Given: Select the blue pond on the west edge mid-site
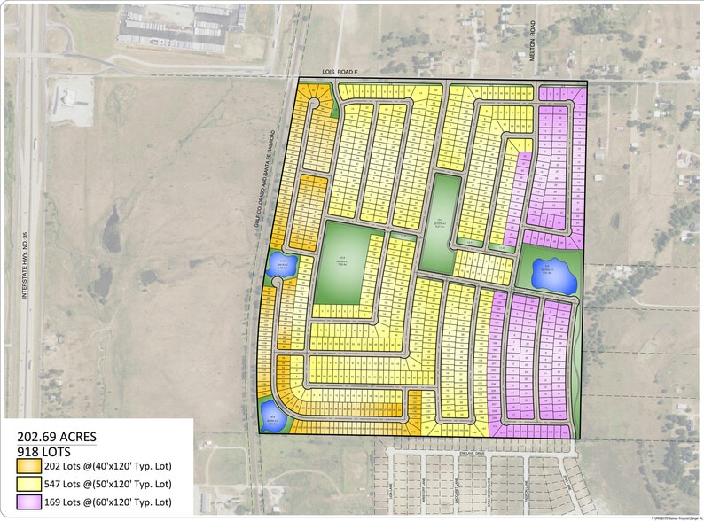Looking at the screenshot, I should point(283,263).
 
